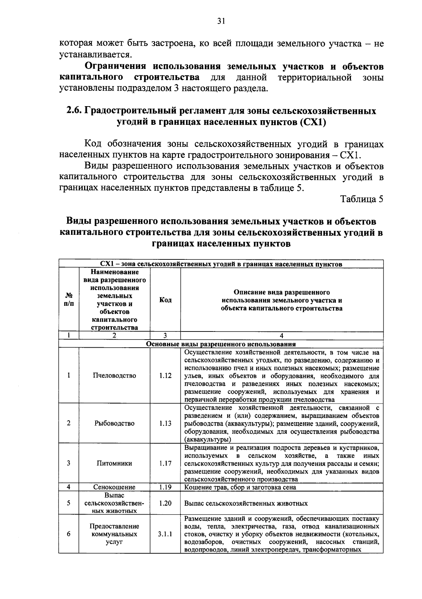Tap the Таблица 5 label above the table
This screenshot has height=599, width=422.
362,199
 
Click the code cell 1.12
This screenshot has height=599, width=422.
165,375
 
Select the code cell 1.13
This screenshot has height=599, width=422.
165,423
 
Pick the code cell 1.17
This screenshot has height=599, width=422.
165,463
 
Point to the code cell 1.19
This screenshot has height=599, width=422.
165,487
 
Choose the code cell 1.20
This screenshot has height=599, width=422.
165,503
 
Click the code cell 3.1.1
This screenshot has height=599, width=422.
165,534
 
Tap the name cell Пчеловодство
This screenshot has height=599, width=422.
114,375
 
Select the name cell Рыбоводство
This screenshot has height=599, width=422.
114,423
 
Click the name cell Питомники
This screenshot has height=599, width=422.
114,463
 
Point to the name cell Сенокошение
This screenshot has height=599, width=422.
114,487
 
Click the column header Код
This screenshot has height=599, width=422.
165,300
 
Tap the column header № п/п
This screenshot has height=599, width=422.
69,300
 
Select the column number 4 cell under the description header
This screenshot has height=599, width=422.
281,335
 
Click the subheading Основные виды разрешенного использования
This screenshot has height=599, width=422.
221,344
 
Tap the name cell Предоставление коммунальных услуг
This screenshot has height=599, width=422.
114,534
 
